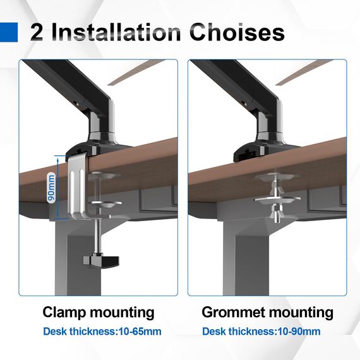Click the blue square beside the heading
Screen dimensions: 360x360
point(9,31)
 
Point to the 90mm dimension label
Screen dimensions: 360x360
point(51,188)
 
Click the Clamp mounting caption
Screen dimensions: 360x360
point(99,312)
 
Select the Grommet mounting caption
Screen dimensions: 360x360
point(267,312)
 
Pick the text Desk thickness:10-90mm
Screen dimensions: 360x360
point(261,332)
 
